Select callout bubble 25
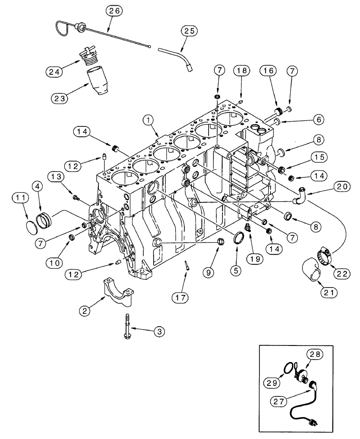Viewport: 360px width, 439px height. [x=189, y=31]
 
